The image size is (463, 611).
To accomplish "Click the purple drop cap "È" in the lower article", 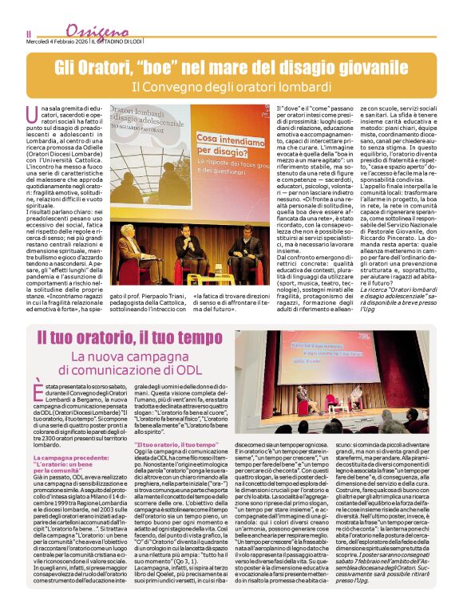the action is pyautogui.click(x=41, y=389).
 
